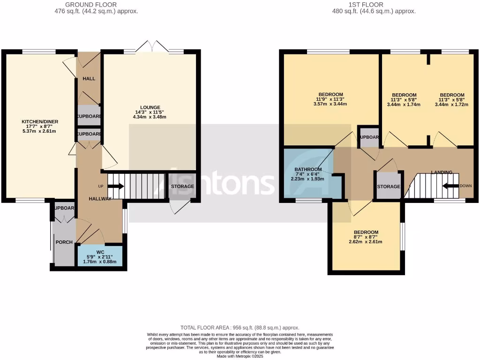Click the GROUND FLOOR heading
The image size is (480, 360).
point(96,5)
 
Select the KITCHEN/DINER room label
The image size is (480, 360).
point(40,122)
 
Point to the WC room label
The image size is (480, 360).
point(100,252)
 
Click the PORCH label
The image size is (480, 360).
point(64,242)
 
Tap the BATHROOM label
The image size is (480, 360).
point(308,169)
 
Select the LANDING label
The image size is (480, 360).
point(442,172)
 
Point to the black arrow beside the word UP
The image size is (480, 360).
point(116,186)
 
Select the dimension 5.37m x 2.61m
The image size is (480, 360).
point(40,131)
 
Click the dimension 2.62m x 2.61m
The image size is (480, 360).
point(366,242)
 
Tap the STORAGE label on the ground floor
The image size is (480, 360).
point(182,187)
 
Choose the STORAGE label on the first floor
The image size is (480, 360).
point(389,187)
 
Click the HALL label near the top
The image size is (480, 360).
point(89,78)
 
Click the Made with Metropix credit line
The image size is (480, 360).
point(240,356)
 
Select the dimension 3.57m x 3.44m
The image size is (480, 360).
point(330,104)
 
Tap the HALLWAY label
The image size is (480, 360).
point(100,199)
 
